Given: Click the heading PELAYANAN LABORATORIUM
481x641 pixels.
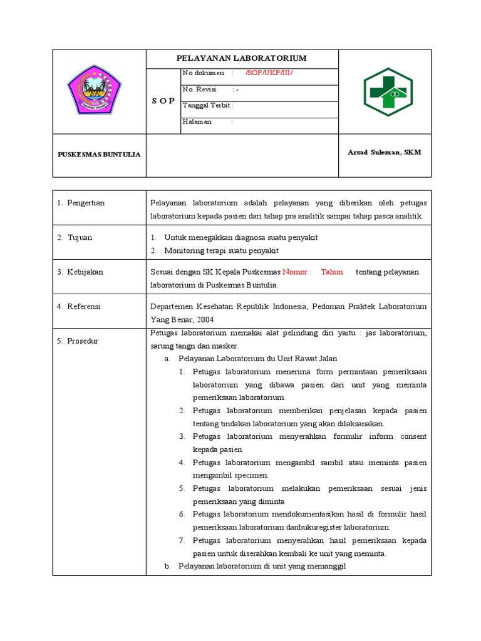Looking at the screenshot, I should click(x=241, y=58).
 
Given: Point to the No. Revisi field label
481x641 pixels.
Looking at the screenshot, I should click(x=199, y=90).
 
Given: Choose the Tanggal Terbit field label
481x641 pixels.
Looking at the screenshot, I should click(x=207, y=105).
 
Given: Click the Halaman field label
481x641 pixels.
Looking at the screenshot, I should click(x=197, y=121).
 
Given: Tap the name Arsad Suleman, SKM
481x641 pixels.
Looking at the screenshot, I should click(x=384, y=153).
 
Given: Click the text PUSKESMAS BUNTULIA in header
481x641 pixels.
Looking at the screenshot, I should click(x=99, y=155).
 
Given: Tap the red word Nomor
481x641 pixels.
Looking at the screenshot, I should click(x=295, y=272).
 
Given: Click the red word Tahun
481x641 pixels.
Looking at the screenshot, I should click(x=332, y=272).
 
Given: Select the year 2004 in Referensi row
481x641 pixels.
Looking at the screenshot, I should click(x=205, y=319).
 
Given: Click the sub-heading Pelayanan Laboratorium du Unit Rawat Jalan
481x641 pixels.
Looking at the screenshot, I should click(x=257, y=359).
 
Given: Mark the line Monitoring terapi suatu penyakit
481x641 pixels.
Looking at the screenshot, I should click(x=221, y=250).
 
